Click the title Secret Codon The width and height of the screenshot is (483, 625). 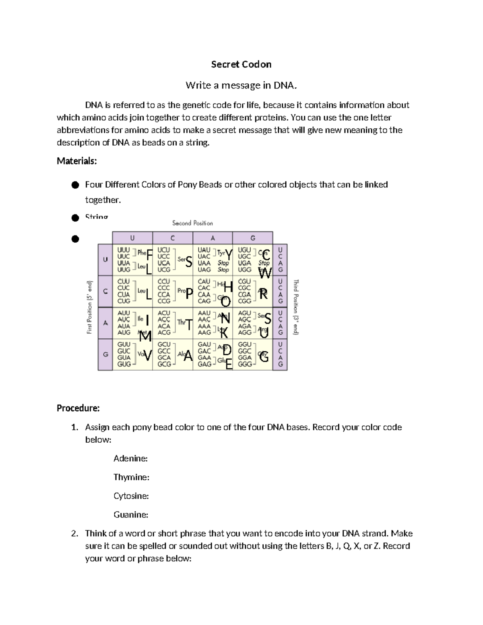(x=241, y=64)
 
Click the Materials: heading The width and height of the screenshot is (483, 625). (x=77, y=161)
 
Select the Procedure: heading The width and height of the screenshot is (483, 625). (x=78, y=408)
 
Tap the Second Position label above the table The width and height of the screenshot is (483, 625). (x=192, y=223)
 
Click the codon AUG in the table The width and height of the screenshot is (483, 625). (x=124, y=332)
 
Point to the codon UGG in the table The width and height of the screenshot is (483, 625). (x=244, y=270)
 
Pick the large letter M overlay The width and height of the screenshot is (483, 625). (x=145, y=336)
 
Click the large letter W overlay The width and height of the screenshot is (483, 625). (x=265, y=273)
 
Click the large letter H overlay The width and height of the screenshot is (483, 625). (x=228, y=287)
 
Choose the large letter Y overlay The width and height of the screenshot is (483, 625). (x=229, y=255)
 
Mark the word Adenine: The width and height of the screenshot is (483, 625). (x=130, y=458)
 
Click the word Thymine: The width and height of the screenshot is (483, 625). (x=131, y=477)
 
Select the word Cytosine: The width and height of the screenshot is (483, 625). (x=131, y=496)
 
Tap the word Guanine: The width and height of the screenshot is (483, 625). (x=131, y=515)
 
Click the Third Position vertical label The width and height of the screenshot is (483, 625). (x=296, y=307)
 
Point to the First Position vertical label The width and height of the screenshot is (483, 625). (x=90, y=307)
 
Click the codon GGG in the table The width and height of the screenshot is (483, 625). (x=245, y=364)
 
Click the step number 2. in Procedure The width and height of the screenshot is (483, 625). (x=74, y=534)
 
